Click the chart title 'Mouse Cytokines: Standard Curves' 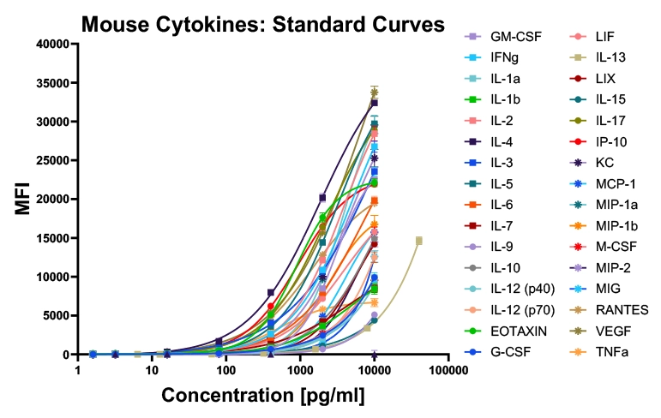pos(263,24)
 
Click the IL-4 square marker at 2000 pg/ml pos(322,198)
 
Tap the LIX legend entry pos(604,78)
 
